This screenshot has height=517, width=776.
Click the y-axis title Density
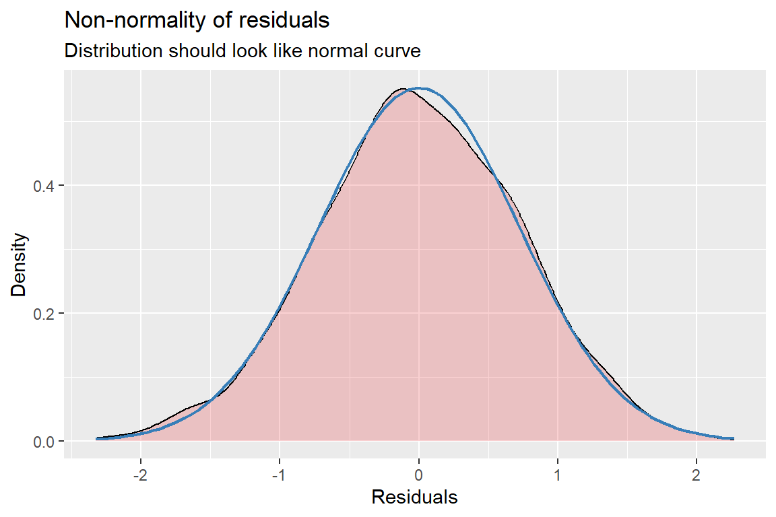click(20, 265)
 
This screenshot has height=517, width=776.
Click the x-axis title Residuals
click(414, 498)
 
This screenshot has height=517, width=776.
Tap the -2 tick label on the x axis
click(139, 473)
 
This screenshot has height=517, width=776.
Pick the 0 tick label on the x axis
click(418, 473)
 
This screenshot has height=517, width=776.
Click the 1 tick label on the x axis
click(558, 473)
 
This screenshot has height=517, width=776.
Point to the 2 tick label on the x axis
click(697, 473)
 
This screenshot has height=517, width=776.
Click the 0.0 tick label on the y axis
click(44, 442)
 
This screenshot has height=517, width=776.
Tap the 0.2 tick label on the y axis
click(44, 314)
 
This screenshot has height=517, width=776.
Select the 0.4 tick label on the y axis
click(44, 186)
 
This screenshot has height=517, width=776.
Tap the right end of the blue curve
click(733, 438)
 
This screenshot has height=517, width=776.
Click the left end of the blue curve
click(97, 438)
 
